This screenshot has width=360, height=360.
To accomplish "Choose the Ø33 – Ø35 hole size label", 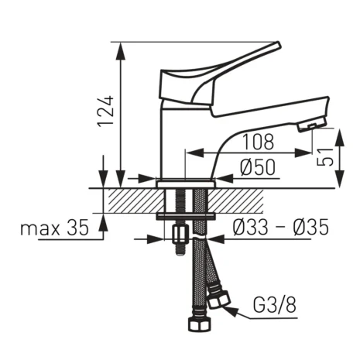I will tap(281, 228).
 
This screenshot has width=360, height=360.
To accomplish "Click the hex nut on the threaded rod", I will tap(180, 233).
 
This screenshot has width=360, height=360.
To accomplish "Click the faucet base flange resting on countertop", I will tap(186, 183).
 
